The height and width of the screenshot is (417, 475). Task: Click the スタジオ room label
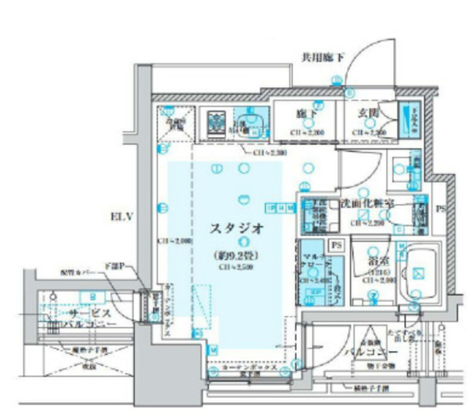(x=237, y=228)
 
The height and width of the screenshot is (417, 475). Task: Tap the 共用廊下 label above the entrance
(x=323, y=58)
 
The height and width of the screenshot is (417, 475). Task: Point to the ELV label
(x=122, y=216)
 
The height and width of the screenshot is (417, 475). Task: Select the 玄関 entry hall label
(x=369, y=113)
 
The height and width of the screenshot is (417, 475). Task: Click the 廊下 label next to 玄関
(x=307, y=113)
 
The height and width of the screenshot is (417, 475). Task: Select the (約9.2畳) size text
(x=236, y=255)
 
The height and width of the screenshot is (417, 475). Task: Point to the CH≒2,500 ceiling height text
(x=236, y=267)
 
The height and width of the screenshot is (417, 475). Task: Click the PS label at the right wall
(x=441, y=209)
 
